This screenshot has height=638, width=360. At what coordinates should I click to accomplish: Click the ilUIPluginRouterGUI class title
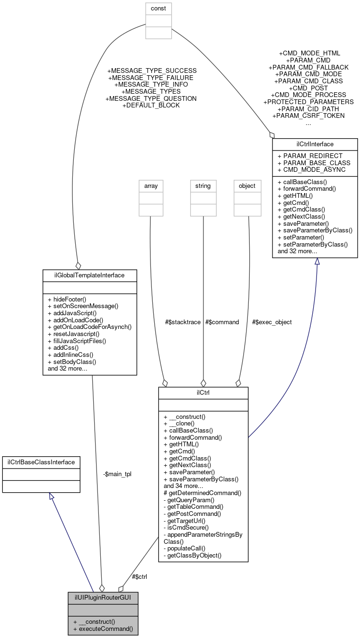103,597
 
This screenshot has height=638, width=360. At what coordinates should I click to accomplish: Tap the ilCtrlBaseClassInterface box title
41,462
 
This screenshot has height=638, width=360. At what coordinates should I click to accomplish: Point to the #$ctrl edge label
139,576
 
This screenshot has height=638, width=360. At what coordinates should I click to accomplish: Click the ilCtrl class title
203,393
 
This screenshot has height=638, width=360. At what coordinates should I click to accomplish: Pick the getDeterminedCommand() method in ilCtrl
202,493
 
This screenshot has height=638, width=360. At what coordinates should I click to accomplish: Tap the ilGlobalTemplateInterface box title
89,275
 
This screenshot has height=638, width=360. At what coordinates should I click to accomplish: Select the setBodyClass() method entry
72,362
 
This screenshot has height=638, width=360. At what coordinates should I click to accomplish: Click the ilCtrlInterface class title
315,144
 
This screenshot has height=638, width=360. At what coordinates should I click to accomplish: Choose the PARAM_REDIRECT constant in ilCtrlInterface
310,156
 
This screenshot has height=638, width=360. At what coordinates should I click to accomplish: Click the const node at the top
158,9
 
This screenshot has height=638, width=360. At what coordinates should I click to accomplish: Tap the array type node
150,186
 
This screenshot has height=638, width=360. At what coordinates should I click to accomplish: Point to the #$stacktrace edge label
183,322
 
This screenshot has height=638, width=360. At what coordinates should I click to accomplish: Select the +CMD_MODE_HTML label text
309,53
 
